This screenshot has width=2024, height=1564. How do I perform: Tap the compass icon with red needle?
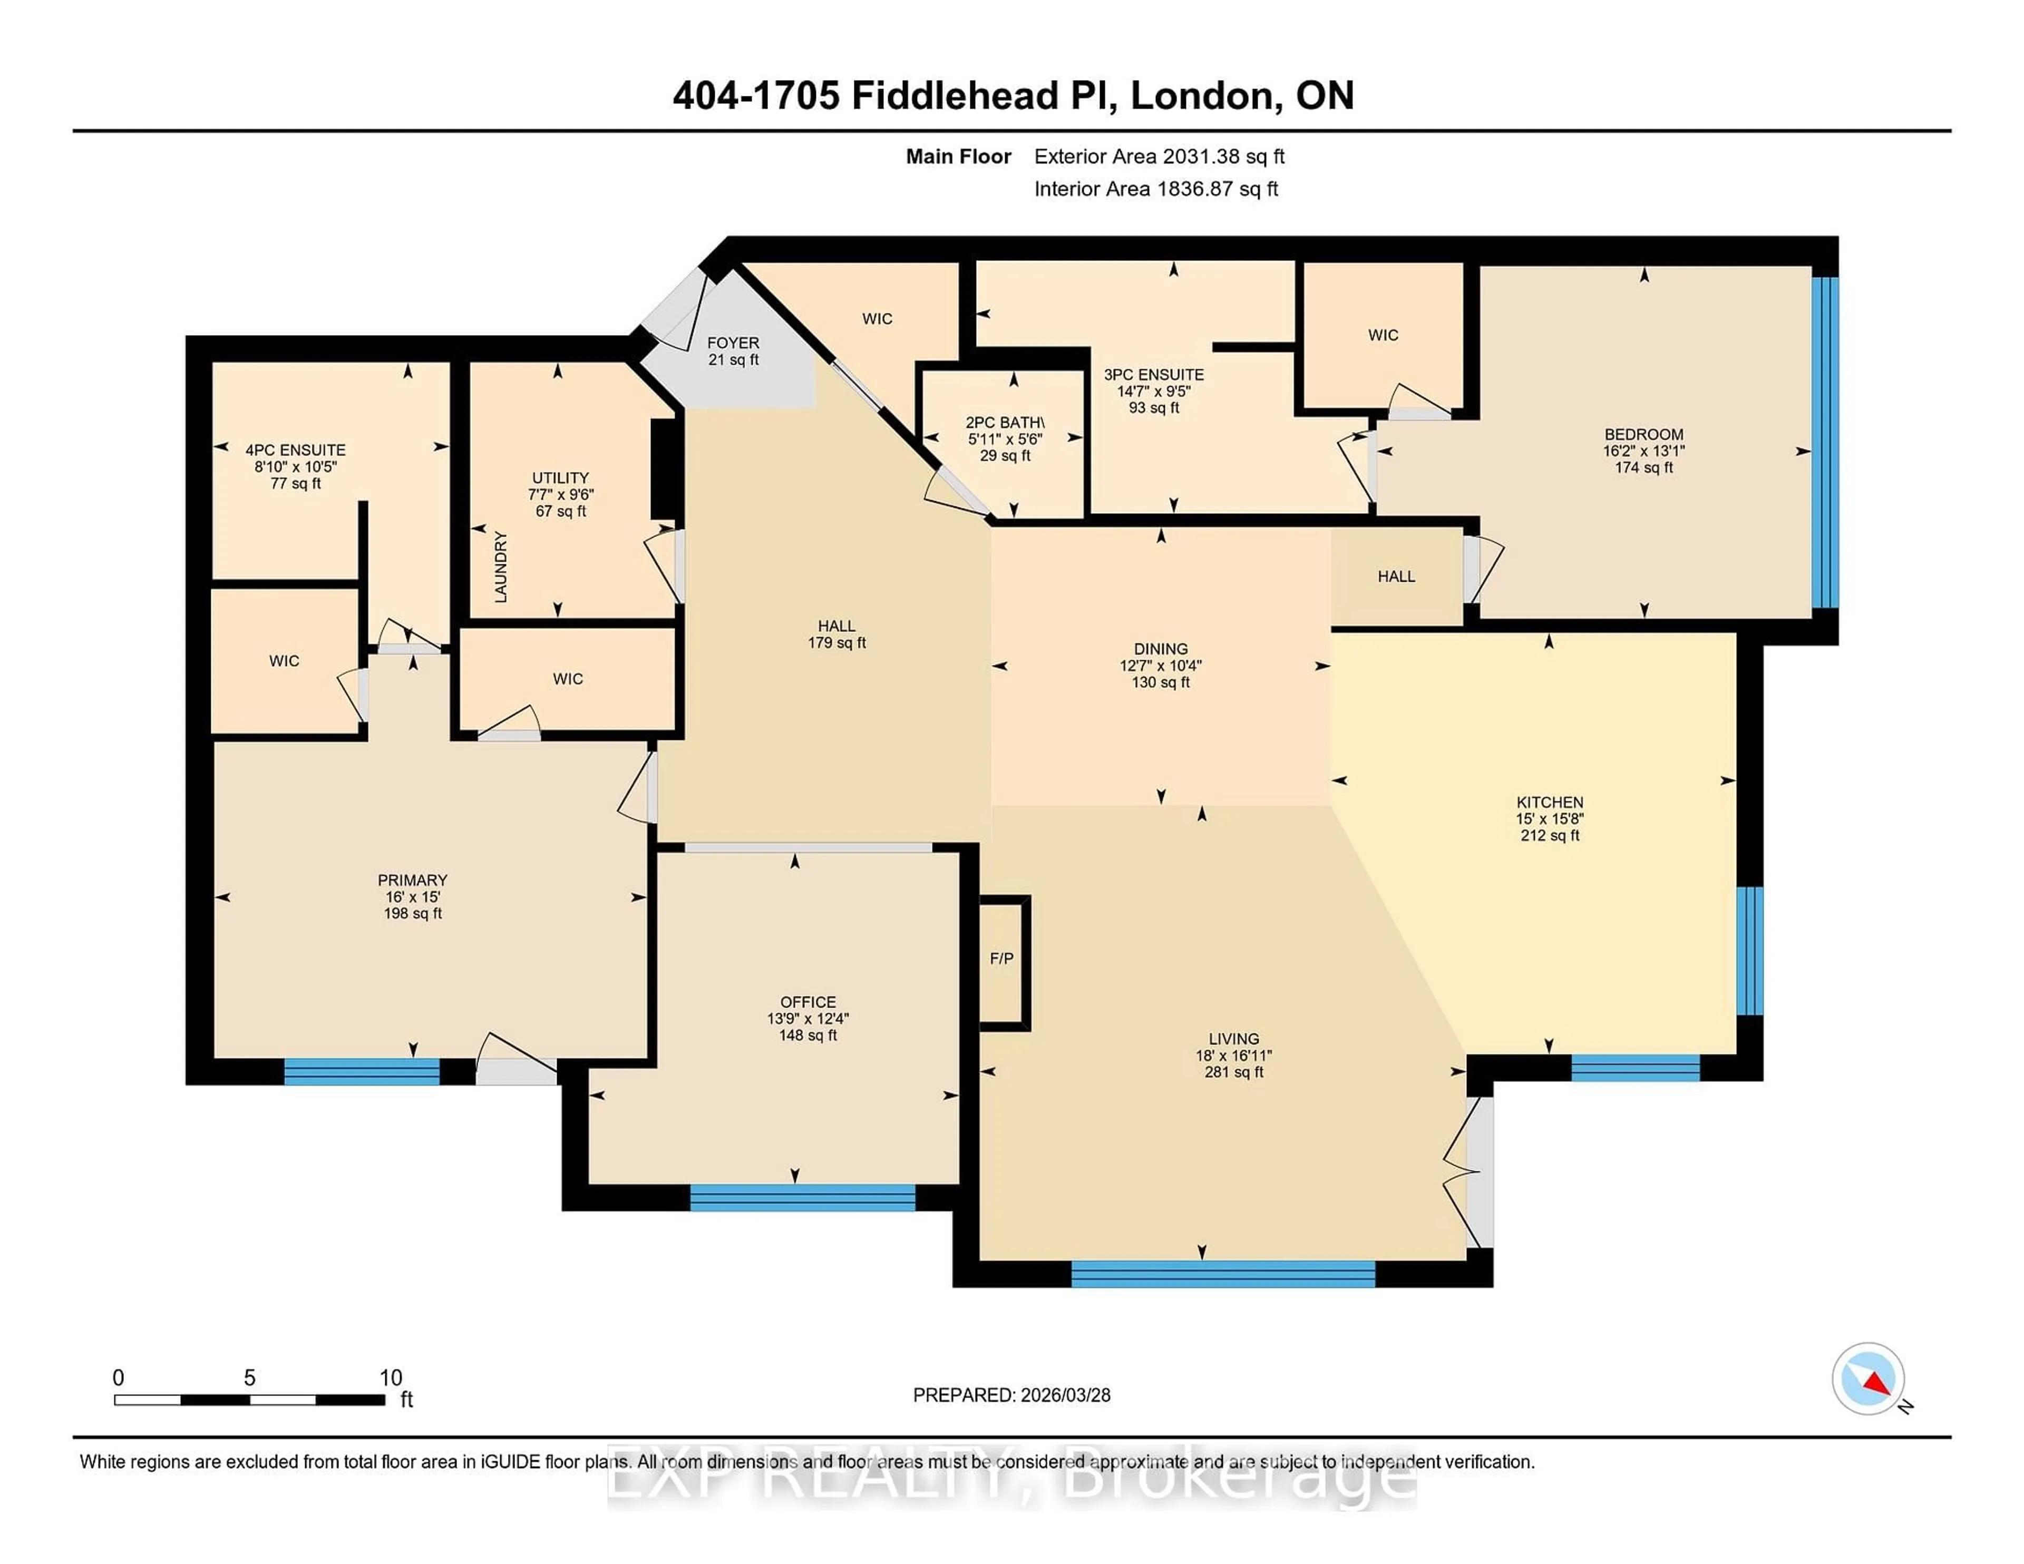click(x=1869, y=1379)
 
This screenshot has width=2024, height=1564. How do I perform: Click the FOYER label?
click(x=733, y=343)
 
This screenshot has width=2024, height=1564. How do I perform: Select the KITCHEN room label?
click(x=1550, y=803)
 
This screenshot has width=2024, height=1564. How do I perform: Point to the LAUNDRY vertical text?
click(x=500, y=566)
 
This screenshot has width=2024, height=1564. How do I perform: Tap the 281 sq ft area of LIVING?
click(x=1233, y=1072)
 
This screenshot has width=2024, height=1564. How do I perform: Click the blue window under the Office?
click(x=803, y=1197)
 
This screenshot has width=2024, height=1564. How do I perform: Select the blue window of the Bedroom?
click(x=1825, y=442)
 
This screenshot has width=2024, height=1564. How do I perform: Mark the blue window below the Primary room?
click(x=362, y=1071)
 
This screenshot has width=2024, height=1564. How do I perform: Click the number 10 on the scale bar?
click(x=391, y=1378)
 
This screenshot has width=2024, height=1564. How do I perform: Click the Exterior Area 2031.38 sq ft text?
click(x=1160, y=157)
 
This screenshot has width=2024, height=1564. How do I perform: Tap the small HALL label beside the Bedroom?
click(x=1396, y=576)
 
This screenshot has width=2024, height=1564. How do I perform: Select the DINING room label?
click(x=1160, y=649)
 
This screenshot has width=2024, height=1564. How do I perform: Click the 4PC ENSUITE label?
click(x=296, y=451)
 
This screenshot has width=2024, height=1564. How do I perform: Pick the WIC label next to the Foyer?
click(x=877, y=319)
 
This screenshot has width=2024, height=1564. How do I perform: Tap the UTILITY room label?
click(x=560, y=478)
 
